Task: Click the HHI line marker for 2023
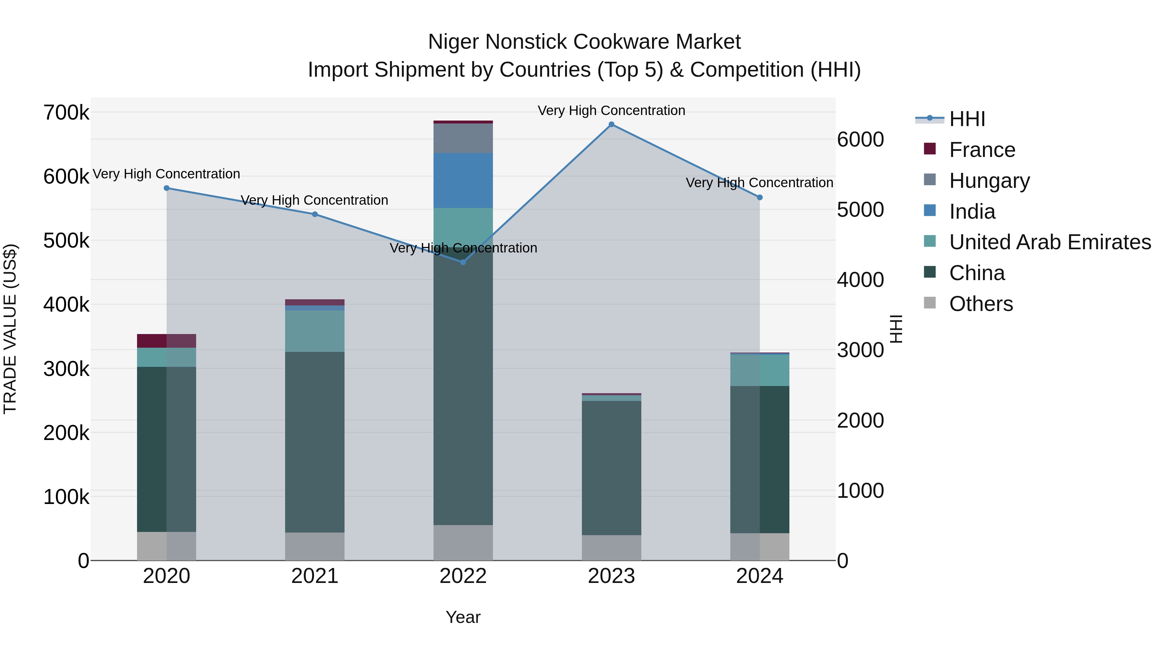[x=611, y=124]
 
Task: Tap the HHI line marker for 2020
[x=167, y=188]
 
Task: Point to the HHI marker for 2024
[x=760, y=198]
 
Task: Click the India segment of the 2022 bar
[x=463, y=181]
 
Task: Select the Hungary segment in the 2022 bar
[x=463, y=138]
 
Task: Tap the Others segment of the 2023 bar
[x=611, y=548]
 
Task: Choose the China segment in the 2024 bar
[x=760, y=459]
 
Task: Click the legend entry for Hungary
[x=989, y=181]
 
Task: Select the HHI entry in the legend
[x=967, y=119]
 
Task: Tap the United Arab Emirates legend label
[x=1050, y=242]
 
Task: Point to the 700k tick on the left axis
[x=66, y=113]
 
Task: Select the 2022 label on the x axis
[x=463, y=576]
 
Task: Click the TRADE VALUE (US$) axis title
[x=10, y=329]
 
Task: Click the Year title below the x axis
[x=463, y=617]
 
